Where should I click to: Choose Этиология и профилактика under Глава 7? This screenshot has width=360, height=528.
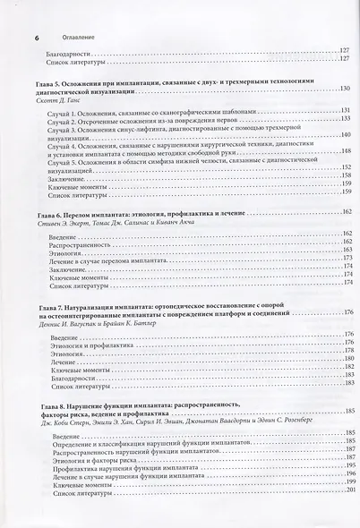tap(90, 344)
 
